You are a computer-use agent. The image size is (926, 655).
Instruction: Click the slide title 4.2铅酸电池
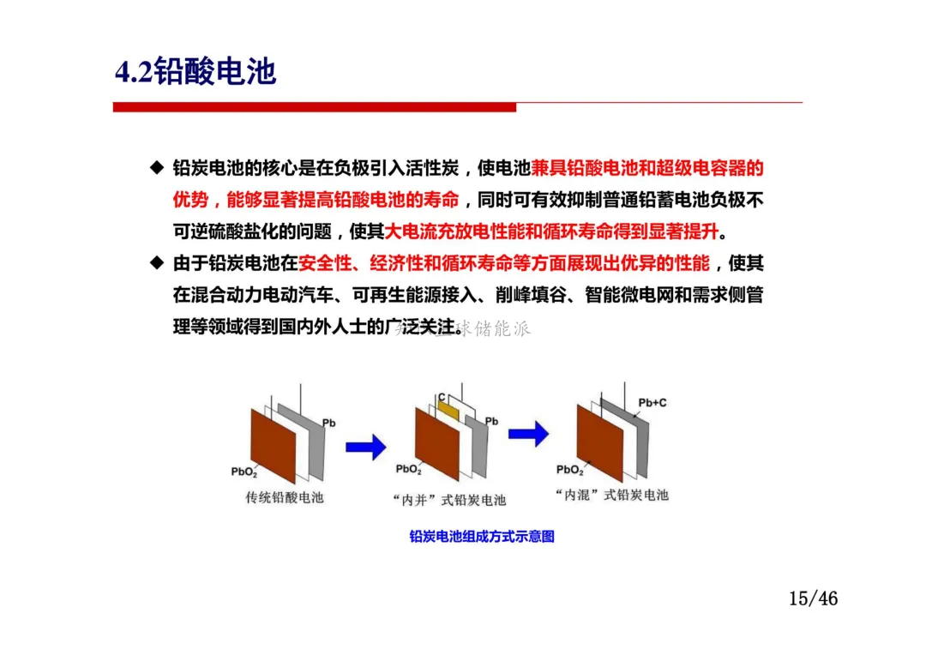click(x=195, y=72)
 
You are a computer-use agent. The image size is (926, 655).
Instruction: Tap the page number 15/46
click(x=813, y=598)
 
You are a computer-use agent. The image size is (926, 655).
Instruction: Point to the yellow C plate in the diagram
click(x=448, y=411)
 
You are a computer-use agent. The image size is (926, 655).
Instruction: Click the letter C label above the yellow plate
click(x=441, y=397)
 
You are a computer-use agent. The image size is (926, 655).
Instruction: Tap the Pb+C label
click(x=652, y=402)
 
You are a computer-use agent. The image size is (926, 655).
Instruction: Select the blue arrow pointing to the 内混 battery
click(x=528, y=433)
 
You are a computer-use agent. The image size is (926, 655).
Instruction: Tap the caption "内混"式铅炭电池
click(x=611, y=495)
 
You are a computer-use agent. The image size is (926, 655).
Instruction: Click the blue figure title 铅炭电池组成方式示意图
click(x=482, y=537)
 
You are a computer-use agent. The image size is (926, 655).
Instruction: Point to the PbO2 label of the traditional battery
click(x=244, y=472)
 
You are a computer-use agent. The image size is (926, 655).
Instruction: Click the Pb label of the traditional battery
click(x=328, y=423)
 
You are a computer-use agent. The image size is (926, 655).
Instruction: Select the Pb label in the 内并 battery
click(x=491, y=421)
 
